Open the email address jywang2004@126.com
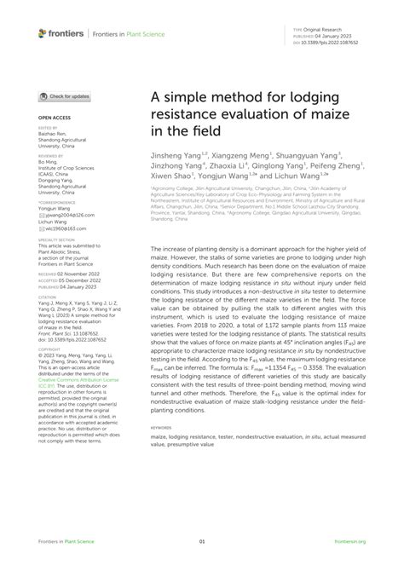[68, 217]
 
